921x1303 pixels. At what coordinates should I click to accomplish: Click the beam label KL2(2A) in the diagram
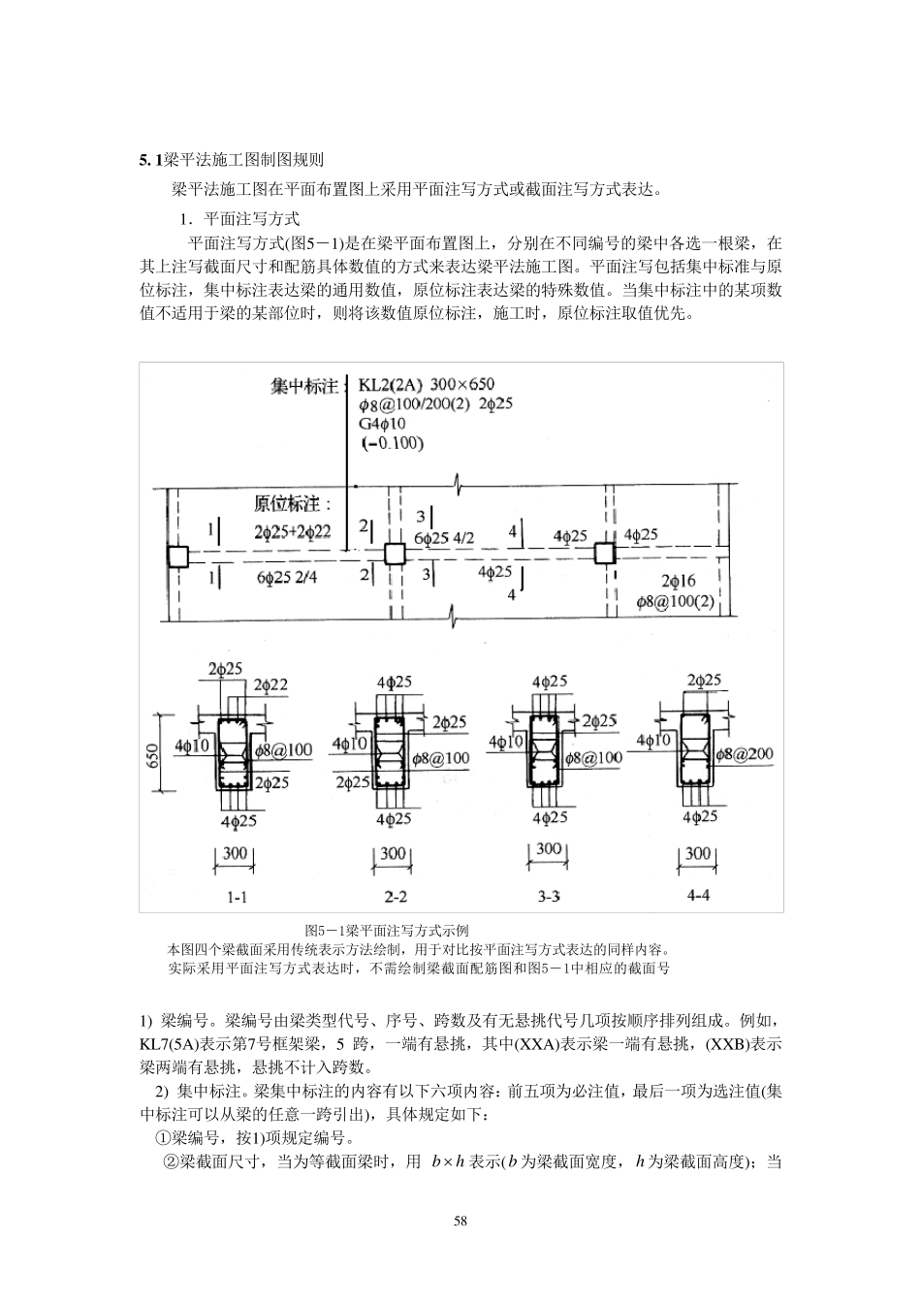(389, 385)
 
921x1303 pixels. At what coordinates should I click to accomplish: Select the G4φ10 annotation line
(383, 424)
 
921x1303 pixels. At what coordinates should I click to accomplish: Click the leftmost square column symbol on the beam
(176, 556)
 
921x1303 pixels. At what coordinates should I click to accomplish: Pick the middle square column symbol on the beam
(394, 555)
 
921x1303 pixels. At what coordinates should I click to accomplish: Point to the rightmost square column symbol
(605, 554)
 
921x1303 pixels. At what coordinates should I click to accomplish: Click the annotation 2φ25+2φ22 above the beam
(293, 531)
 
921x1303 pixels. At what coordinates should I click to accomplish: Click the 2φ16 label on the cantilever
(679, 581)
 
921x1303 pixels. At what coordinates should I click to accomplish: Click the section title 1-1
(237, 897)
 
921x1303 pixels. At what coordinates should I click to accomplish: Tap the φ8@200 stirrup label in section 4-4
(745, 753)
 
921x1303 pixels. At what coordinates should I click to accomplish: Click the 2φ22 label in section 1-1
(271, 685)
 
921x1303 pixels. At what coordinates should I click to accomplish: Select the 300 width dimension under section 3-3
(549, 849)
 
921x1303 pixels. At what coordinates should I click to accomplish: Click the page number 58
(460, 1221)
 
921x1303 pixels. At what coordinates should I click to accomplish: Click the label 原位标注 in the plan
(292, 504)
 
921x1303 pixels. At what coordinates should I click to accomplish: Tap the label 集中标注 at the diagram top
(304, 386)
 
